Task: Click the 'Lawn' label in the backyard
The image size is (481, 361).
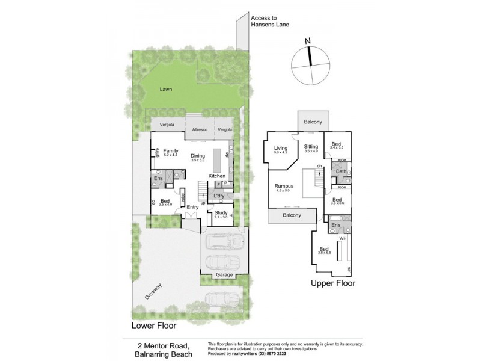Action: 165,89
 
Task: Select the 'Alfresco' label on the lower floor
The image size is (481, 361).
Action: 200,130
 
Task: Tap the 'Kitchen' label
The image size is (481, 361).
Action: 216,176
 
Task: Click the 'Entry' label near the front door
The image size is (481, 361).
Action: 192,207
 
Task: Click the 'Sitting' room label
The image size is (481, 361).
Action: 310,146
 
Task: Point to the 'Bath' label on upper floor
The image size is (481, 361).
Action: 341,171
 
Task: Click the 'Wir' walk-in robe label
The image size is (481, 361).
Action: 342,238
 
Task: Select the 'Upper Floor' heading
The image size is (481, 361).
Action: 332,282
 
